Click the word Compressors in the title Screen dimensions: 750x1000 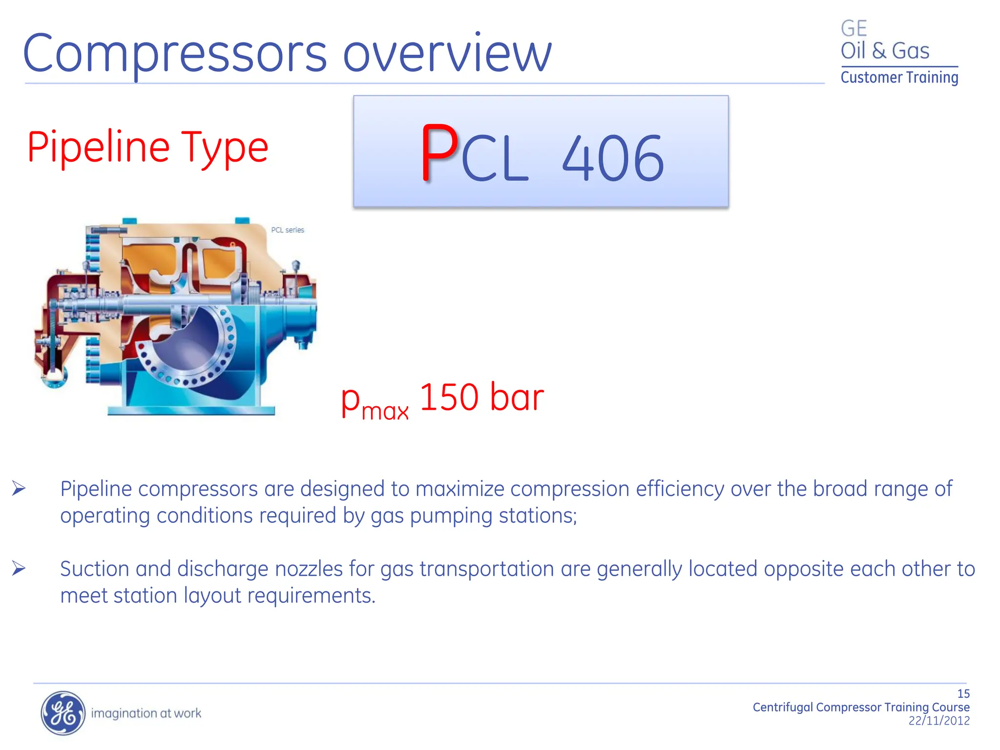[x=175, y=54]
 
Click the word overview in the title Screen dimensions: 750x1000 [x=447, y=54]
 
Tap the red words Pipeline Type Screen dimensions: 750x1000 [x=147, y=147]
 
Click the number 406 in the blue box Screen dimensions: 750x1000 [x=613, y=159]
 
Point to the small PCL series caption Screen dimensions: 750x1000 [x=288, y=230]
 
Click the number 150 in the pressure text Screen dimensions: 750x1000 [x=449, y=397]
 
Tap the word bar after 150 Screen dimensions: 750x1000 [x=517, y=397]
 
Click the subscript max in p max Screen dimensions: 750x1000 [x=385, y=411]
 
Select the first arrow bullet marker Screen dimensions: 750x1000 [x=19, y=488]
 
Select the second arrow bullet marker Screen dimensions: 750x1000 [x=19, y=568]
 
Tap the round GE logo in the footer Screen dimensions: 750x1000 [x=62, y=713]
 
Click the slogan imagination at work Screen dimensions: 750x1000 [x=146, y=713]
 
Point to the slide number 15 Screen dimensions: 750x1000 [x=963, y=694]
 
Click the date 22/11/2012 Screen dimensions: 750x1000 [x=938, y=721]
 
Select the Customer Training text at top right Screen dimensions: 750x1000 [x=899, y=78]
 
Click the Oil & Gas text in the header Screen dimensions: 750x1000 [x=884, y=51]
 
